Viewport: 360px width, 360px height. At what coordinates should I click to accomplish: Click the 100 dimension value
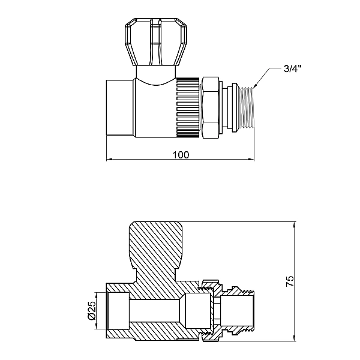(181, 155)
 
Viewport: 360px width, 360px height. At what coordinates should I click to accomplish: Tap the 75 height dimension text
(290, 281)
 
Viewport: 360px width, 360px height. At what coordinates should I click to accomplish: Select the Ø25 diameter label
(91, 310)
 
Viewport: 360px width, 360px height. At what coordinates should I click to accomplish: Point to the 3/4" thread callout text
(292, 68)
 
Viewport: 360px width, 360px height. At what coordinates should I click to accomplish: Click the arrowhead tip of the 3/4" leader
(254, 88)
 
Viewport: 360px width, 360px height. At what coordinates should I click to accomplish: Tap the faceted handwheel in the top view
(156, 41)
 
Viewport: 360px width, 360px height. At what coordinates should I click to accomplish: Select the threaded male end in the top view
(247, 108)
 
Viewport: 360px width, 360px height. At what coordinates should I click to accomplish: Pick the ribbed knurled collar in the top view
(188, 107)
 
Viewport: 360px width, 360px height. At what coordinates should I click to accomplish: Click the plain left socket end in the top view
(120, 107)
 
